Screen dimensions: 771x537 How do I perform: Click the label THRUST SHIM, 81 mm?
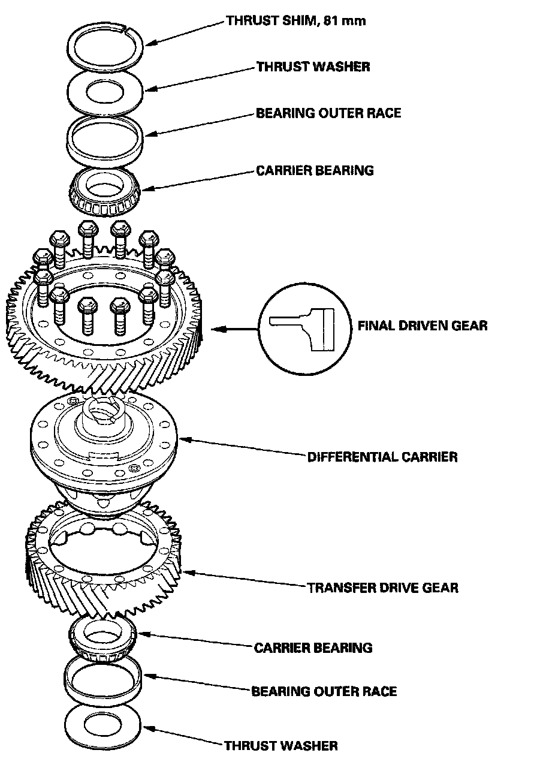(x=295, y=21)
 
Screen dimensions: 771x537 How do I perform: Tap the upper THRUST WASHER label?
(x=313, y=66)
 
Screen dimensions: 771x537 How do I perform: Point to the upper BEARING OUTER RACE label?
(x=328, y=113)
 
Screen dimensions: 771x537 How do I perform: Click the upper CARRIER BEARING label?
(x=315, y=170)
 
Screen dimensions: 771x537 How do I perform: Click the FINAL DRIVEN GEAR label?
(x=422, y=326)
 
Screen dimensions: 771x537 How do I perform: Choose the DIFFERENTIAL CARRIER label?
(x=382, y=457)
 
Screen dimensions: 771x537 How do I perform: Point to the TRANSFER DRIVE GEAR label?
(x=382, y=587)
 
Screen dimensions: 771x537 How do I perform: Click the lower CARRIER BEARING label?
(x=313, y=647)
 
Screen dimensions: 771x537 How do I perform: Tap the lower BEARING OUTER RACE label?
(x=324, y=691)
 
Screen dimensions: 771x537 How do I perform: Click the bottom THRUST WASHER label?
(x=280, y=746)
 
